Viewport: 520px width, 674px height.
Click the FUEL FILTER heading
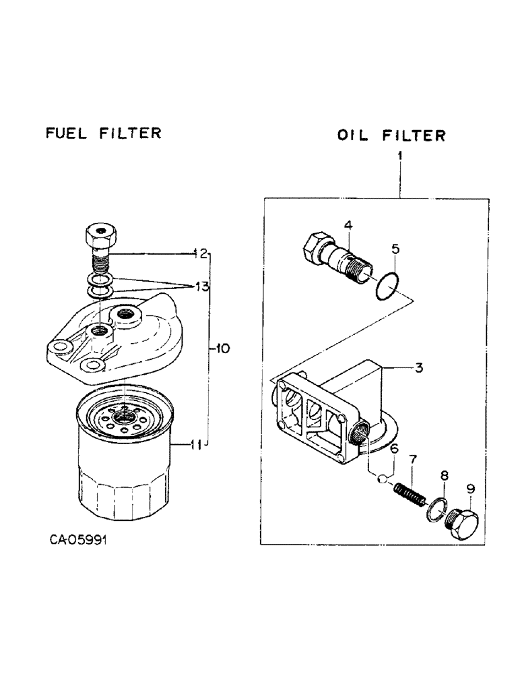pyautogui.click(x=103, y=133)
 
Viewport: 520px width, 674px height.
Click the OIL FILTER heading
pyautogui.click(x=391, y=135)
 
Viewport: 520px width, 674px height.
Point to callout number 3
pyautogui.click(x=418, y=368)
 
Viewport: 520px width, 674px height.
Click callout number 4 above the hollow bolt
pyautogui.click(x=348, y=224)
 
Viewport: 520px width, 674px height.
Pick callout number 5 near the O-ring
pyautogui.click(x=395, y=249)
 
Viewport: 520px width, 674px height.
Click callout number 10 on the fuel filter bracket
pyautogui.click(x=222, y=348)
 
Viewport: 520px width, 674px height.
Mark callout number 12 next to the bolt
pyautogui.click(x=199, y=253)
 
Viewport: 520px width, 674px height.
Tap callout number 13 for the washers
pyautogui.click(x=200, y=287)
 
